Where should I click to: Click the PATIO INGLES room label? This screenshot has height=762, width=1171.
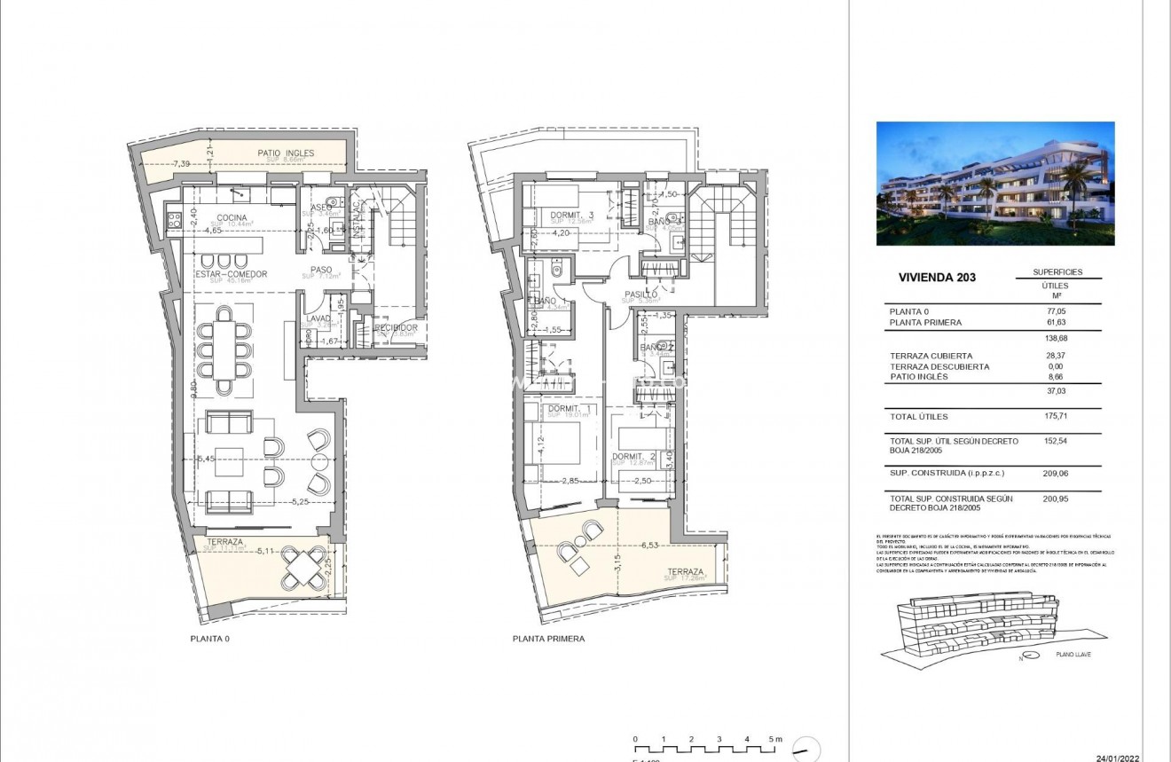[286, 153]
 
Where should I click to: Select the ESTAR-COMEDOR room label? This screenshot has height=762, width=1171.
[231, 275]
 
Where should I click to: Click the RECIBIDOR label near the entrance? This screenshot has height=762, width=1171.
[396, 328]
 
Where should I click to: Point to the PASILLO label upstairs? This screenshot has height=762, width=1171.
[641, 294]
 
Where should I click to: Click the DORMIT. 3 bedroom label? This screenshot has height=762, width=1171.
[572, 215]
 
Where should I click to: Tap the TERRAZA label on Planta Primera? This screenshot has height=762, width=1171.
[686, 572]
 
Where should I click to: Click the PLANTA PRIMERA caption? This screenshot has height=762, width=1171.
[548, 639]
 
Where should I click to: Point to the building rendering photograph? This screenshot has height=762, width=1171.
[995, 184]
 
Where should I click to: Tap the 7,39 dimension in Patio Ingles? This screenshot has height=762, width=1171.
[181, 164]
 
